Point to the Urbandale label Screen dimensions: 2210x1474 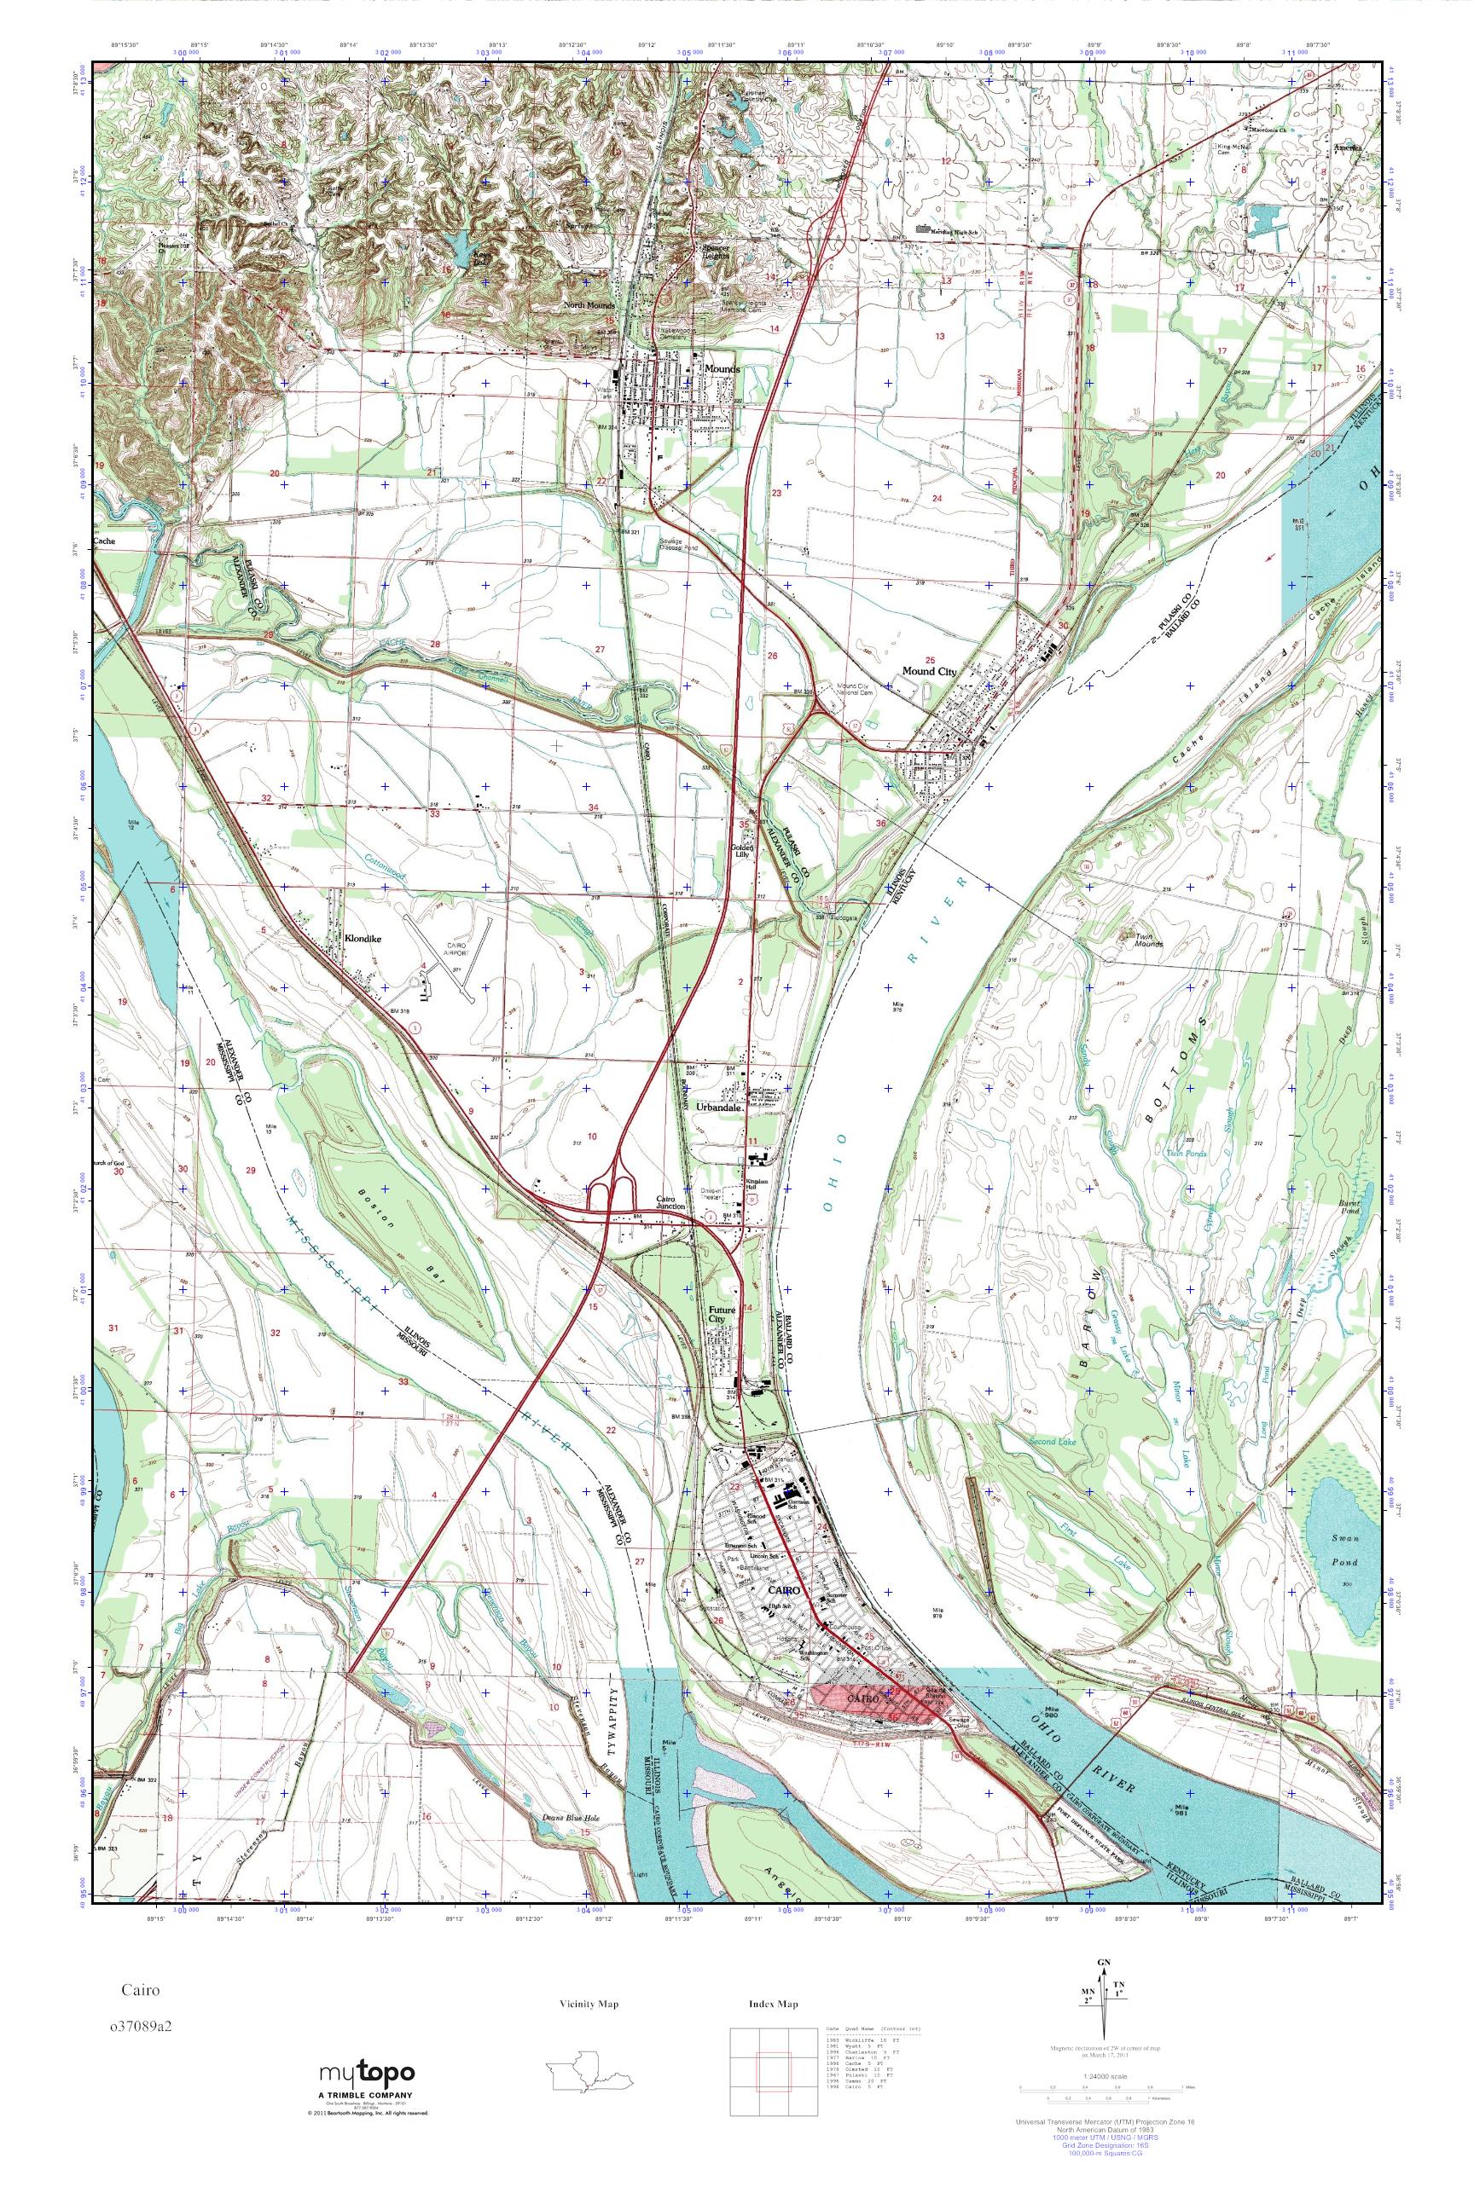click(x=720, y=1108)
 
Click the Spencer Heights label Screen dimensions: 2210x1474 click(x=717, y=252)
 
